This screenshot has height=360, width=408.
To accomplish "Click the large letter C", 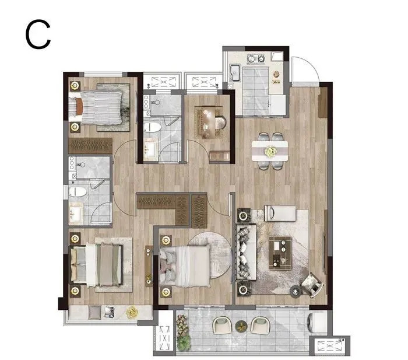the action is coord(38,34).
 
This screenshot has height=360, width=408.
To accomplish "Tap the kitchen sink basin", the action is coord(235,73).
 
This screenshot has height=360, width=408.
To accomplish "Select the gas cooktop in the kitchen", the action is coord(255,58).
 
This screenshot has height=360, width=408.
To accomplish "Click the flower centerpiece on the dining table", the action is coord(270,151).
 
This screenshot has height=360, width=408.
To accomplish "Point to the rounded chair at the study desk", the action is coord(220,123).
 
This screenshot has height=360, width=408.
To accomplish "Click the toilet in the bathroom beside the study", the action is coord(152,127).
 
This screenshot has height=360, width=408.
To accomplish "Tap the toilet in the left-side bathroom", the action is coord(78,192).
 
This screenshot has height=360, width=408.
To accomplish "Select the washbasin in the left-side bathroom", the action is coord(76,214).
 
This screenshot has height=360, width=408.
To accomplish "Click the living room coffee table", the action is coord(280,253).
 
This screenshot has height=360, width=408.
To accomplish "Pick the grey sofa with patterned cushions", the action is coord(246,252).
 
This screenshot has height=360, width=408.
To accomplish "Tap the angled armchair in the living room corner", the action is coord(313,285).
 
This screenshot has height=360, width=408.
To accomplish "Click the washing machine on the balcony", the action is coord(317,323).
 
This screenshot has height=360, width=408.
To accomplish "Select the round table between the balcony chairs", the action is coord(241,326).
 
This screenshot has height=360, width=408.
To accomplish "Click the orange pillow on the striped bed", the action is coord(79,107).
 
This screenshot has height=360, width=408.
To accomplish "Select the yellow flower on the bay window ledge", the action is coord(132,312).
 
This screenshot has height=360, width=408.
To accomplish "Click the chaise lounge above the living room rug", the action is coord(280,214).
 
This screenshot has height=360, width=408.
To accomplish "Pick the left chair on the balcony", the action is coord(223,325).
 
